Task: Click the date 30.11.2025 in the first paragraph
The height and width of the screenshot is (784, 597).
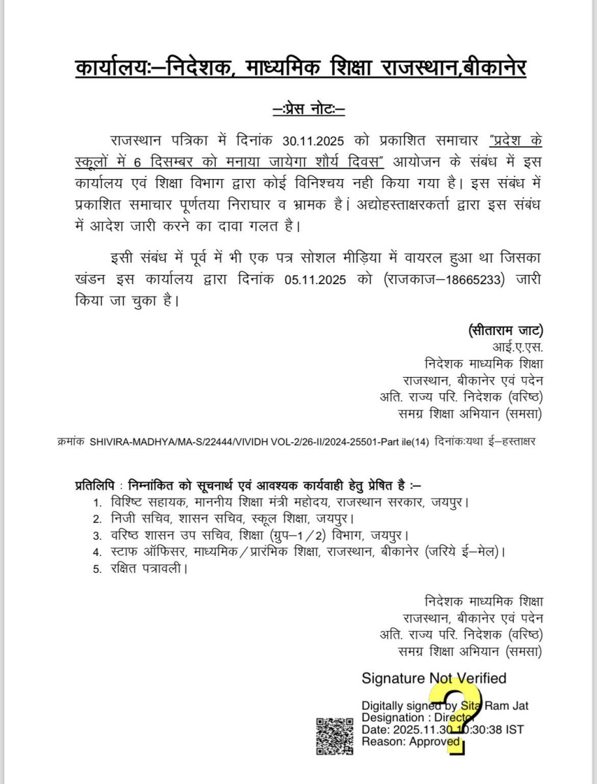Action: (317, 140)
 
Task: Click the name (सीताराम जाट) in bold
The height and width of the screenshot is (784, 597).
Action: (505, 331)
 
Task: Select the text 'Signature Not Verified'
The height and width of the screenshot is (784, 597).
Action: (434, 678)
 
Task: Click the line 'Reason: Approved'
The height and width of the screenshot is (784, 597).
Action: (411, 742)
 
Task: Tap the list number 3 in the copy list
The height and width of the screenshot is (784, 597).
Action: (97, 536)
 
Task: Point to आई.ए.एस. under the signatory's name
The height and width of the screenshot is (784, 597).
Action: (518, 347)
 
